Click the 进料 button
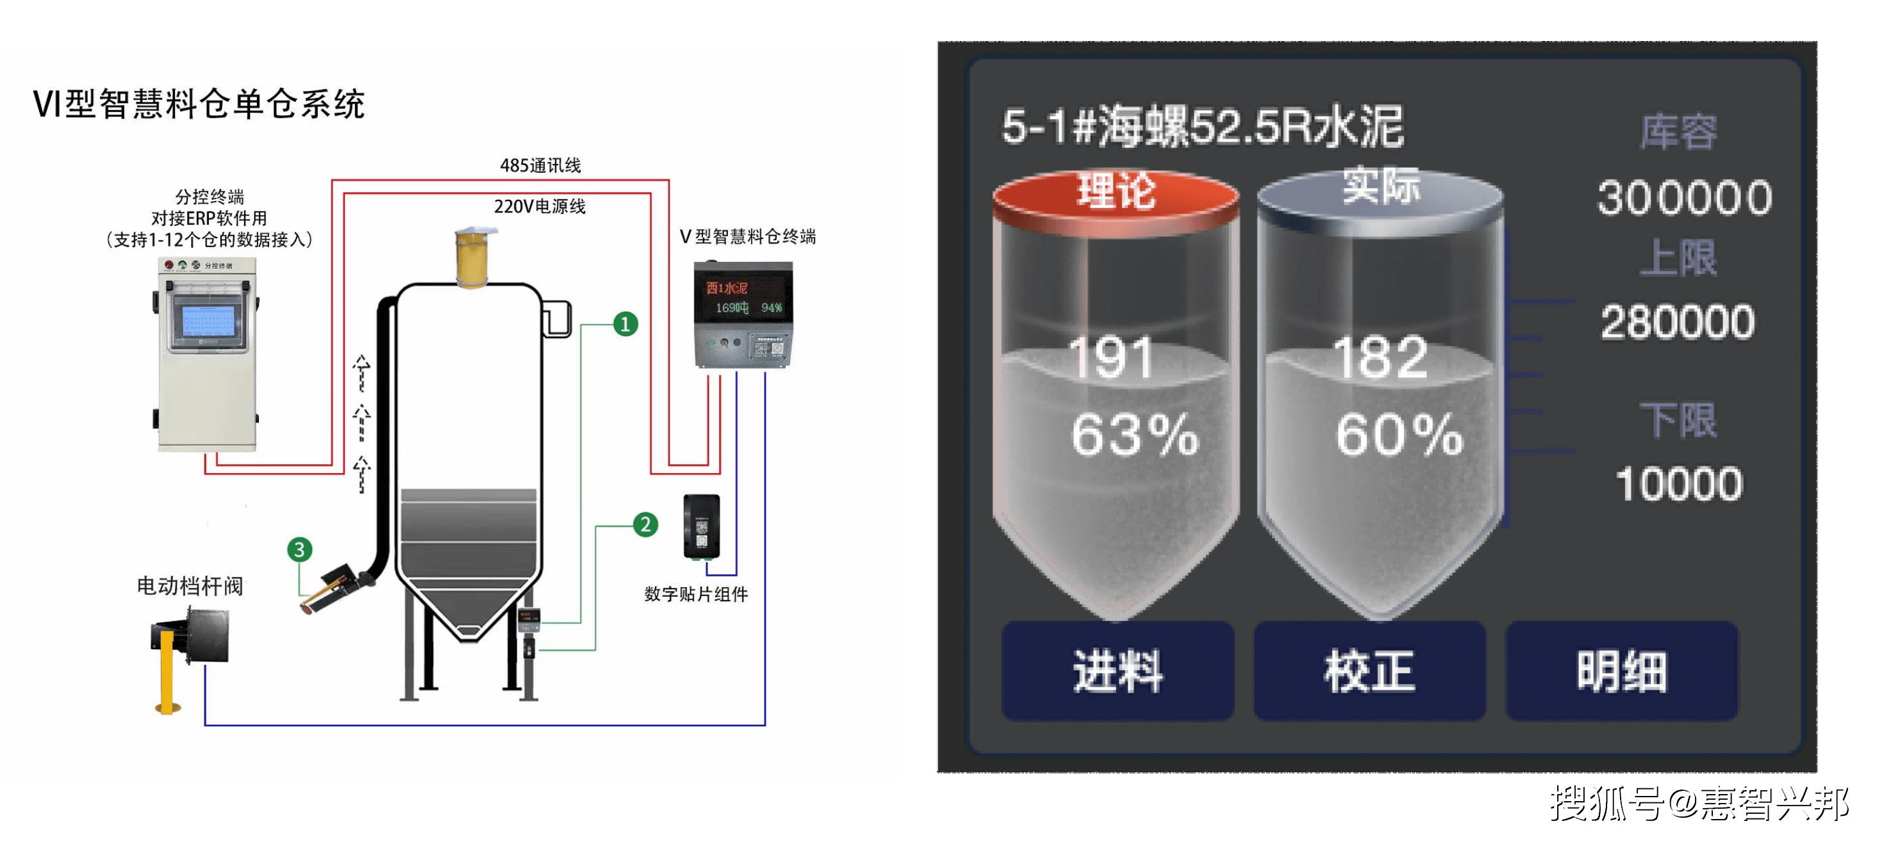click(1117, 670)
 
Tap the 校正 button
click(1369, 670)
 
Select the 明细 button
click(1621, 670)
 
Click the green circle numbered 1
click(625, 324)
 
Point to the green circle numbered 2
click(645, 525)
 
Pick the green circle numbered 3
click(299, 549)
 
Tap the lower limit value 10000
click(1679, 483)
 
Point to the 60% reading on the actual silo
click(1398, 435)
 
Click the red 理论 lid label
click(1116, 191)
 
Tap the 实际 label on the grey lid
click(1380, 186)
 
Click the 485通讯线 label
click(540, 166)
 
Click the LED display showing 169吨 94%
click(743, 298)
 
